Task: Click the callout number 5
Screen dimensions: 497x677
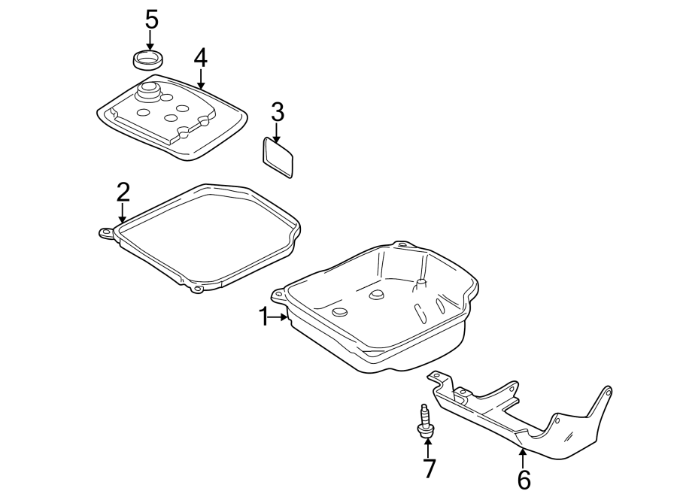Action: click(151, 20)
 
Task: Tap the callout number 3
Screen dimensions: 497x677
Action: click(277, 113)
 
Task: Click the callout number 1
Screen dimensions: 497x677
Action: click(264, 317)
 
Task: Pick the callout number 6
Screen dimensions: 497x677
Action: click(524, 478)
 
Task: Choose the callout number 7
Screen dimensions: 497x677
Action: click(429, 468)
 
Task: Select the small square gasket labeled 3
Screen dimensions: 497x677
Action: click(278, 157)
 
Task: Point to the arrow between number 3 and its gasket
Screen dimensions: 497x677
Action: click(277, 133)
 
